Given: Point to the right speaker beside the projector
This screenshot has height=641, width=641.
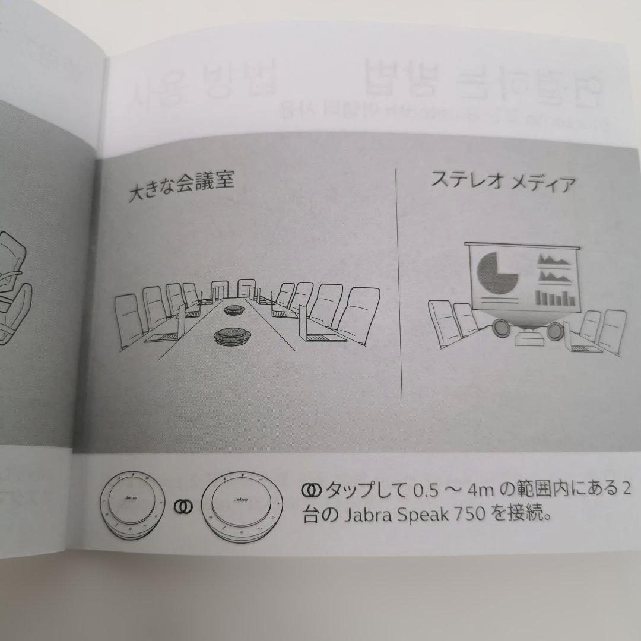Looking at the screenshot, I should (x=556, y=331).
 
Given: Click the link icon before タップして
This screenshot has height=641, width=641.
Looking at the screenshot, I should (x=310, y=490).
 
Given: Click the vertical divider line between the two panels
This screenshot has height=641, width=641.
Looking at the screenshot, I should (x=399, y=285).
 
